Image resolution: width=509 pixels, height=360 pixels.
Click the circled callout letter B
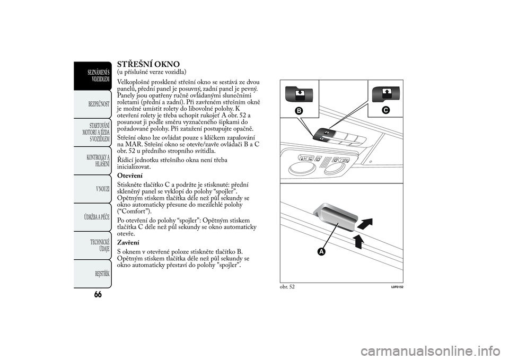point(300,111)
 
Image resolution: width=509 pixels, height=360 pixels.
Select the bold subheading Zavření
point(128,242)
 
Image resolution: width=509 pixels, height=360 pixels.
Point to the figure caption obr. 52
point(287,287)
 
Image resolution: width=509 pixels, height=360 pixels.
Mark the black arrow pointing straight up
point(359,242)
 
